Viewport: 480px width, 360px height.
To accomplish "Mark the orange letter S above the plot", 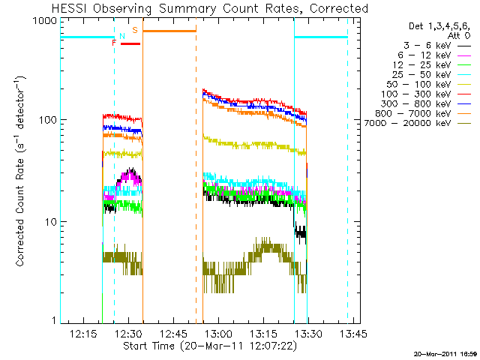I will click(135, 30).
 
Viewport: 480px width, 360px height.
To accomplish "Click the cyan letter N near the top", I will click(122, 35).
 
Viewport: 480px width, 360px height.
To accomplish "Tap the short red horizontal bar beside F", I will click(130, 43).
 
